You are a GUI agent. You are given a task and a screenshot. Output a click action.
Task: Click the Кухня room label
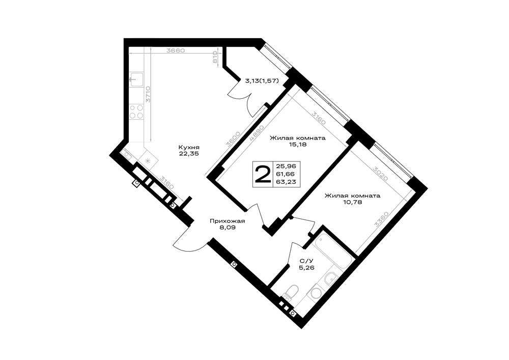[x=189, y=147]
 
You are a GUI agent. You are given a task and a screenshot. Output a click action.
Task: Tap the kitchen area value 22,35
[x=189, y=154]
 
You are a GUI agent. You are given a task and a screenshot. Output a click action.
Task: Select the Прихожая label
[x=227, y=221]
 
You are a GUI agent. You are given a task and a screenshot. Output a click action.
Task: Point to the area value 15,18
[x=298, y=145]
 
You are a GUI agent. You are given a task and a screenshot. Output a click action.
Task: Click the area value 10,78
[x=353, y=202]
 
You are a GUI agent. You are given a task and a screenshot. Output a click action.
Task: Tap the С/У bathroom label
[x=304, y=261]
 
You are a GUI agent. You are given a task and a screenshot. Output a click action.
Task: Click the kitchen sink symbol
[x=136, y=79]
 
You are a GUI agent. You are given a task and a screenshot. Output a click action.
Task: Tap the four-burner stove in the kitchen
[x=136, y=112]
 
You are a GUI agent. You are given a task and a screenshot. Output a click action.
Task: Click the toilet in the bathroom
[x=291, y=291]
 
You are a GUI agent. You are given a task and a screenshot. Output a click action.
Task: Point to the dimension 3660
[x=175, y=50]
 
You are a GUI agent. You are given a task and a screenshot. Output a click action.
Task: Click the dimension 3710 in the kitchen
[x=148, y=95]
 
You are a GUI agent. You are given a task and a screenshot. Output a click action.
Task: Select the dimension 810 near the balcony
[x=215, y=58]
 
